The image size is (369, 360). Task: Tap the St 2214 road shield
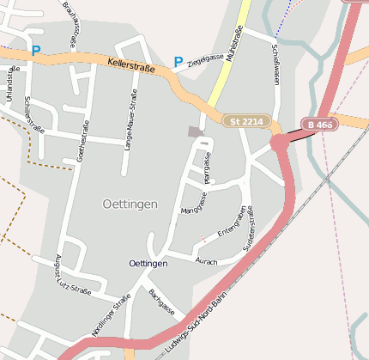tap(246, 121)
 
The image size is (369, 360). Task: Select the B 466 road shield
tap(319, 125)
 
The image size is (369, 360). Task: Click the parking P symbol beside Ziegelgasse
tap(178, 62)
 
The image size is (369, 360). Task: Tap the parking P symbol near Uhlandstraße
tap(35, 51)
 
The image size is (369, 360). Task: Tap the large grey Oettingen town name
tap(130, 204)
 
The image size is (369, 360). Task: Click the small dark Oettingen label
tap(148, 263)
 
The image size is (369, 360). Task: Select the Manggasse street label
tap(194, 204)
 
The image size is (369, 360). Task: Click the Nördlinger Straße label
tap(112, 314)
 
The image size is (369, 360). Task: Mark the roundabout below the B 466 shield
tap(280, 143)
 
